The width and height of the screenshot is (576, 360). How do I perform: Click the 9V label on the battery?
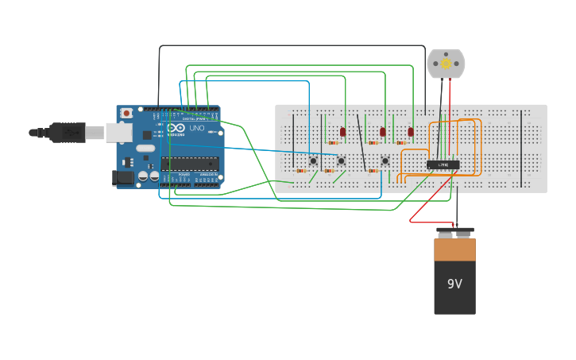coord(454,284)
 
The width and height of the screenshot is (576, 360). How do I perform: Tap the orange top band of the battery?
coord(454,250)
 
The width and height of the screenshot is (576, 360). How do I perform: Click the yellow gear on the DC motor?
coord(446,64)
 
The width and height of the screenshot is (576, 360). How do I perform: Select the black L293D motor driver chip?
coord(443,165)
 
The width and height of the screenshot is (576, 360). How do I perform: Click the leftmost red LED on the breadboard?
coord(343,132)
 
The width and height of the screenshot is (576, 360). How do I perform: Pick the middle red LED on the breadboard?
coord(382,132)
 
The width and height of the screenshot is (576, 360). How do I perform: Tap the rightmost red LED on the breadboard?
coord(411,132)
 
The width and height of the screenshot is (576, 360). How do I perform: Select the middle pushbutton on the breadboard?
coord(341,161)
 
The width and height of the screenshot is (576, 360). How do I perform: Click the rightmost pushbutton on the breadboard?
coord(385,161)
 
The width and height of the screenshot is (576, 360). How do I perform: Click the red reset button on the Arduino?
coord(126,114)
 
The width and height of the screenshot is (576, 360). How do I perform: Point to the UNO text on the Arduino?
coord(196,128)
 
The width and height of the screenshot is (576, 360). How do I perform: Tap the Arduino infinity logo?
coord(177,128)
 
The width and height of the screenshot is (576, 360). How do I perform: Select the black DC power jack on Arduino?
coord(124,179)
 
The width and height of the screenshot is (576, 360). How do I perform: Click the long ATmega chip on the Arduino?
coord(189,164)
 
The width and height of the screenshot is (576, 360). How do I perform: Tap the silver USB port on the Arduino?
coord(118,132)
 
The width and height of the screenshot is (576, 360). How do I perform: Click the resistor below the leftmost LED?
coord(333,143)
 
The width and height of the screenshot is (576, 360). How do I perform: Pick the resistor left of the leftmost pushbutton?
coord(301,171)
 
